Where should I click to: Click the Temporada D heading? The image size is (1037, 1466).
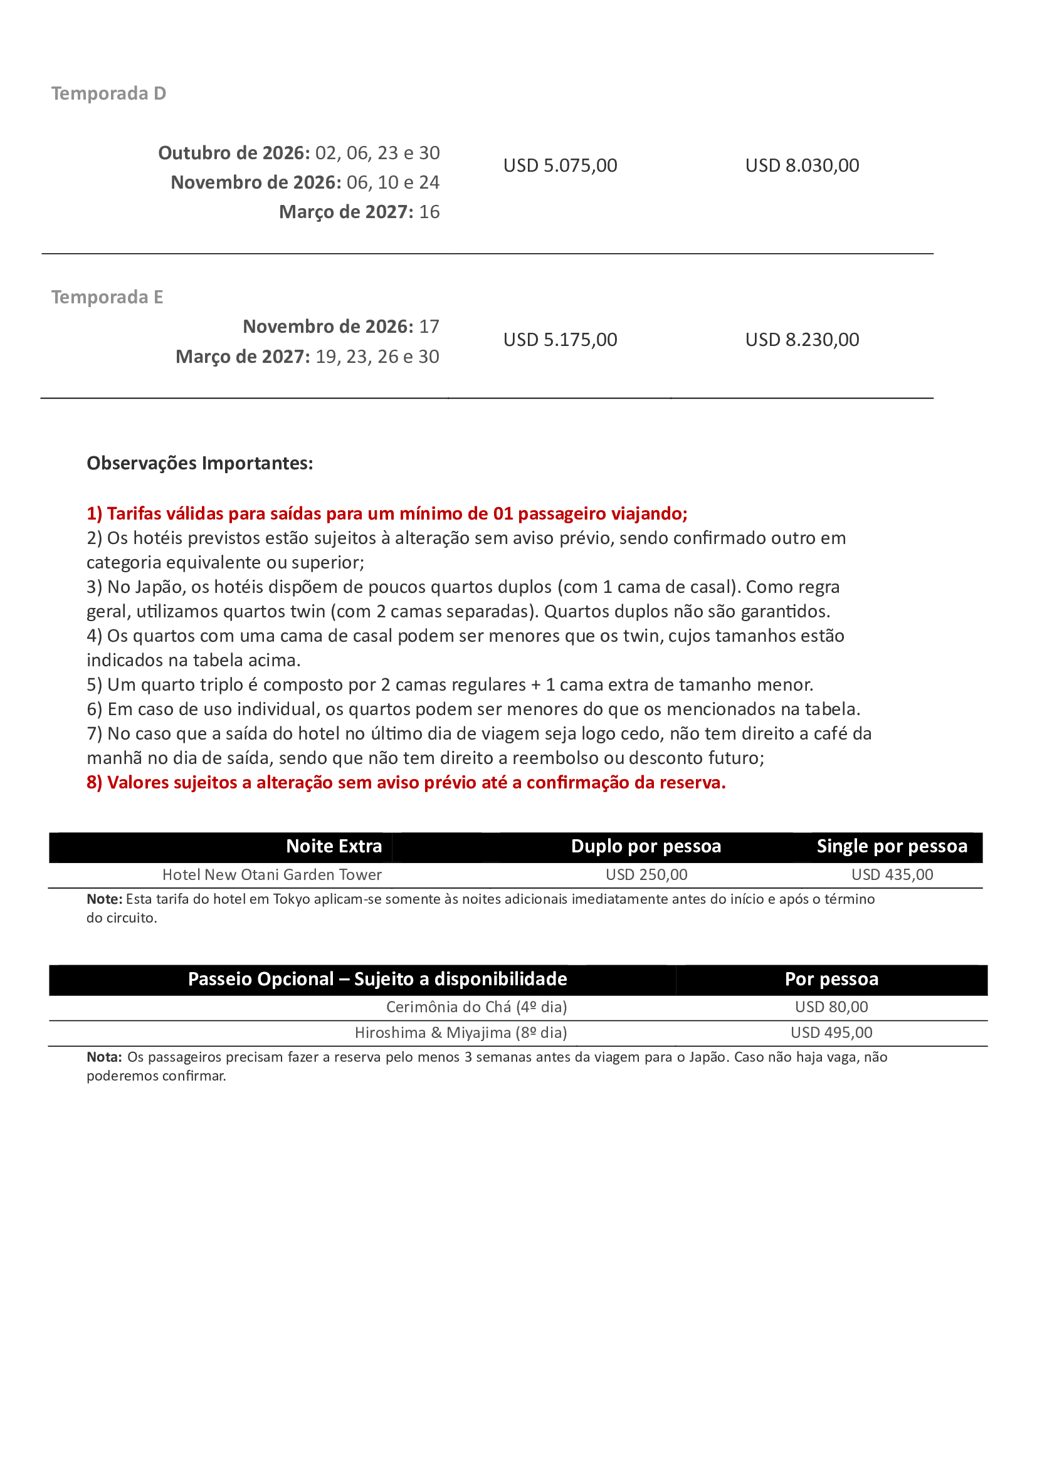tap(108, 93)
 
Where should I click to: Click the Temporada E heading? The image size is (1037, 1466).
tap(107, 297)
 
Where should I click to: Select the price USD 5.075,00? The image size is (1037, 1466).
tap(560, 165)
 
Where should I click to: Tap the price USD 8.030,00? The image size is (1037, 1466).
tap(802, 165)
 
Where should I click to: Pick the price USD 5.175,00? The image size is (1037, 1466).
tap(560, 340)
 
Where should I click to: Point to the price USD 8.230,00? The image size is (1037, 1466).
tap(802, 340)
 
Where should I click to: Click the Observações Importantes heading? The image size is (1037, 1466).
tap(200, 463)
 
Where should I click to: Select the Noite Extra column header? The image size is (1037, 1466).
tap(334, 846)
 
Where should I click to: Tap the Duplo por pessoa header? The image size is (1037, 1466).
tap(646, 846)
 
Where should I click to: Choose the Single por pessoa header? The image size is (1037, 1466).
tap(892, 846)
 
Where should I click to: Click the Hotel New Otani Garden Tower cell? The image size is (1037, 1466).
tap(271, 875)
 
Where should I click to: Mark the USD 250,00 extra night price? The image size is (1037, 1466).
tap(646, 875)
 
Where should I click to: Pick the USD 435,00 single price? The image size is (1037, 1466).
tap(892, 875)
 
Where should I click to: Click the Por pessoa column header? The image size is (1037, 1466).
tap(831, 979)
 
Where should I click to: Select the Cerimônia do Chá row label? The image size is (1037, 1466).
tap(476, 1007)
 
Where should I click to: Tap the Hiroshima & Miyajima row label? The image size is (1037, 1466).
tap(460, 1032)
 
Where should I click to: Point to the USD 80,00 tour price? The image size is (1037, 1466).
tap(831, 1007)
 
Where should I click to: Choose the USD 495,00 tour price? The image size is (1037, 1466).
tap(831, 1032)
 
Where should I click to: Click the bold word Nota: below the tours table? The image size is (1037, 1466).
tap(104, 1057)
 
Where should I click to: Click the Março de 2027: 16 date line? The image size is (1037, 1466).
tap(359, 212)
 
